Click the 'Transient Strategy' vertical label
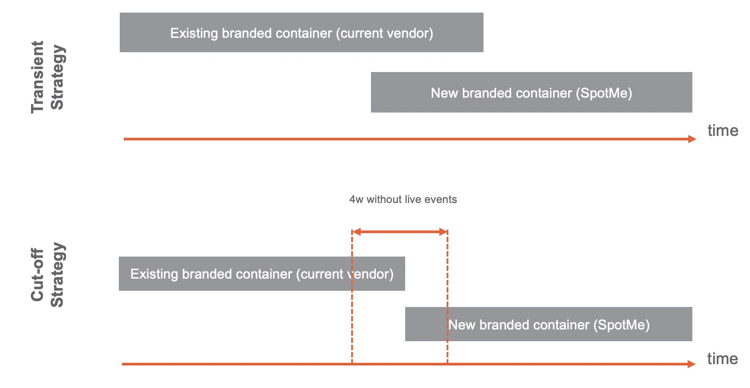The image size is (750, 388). point(48,77)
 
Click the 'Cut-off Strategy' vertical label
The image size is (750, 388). point(48,275)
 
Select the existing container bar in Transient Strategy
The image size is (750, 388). point(301,32)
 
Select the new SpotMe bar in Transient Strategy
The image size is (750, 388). point(531,92)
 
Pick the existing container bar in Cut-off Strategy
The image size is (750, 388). point(262,274)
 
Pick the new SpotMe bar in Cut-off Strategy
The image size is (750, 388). point(548,324)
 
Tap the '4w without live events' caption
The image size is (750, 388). point(403,199)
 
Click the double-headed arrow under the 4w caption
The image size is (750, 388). point(400,232)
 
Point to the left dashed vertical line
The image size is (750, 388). point(352,297)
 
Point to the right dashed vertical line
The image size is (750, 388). point(447,297)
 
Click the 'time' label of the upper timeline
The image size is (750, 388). point(723,130)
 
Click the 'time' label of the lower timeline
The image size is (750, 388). point(723,359)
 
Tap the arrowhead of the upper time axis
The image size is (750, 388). point(692,139)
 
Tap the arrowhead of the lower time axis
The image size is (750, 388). point(692,364)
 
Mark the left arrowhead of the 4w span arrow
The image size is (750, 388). point(357,232)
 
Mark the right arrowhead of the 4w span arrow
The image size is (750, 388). point(443,232)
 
